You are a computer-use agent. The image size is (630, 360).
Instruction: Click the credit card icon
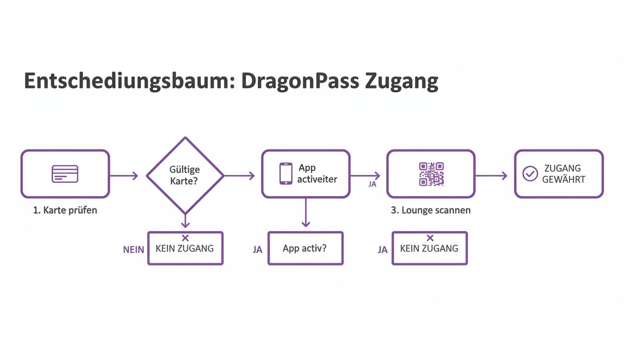coord(65,174)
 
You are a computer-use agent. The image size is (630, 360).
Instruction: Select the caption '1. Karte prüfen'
coord(65,210)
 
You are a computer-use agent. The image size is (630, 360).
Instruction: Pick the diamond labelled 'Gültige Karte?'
coord(185,175)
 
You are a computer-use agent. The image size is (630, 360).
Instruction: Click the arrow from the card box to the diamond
coord(124,176)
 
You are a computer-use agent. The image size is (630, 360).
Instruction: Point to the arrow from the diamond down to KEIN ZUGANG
coord(185,220)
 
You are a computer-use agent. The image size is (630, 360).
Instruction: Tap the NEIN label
coord(134,250)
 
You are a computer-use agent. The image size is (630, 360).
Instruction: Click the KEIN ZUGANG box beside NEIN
coord(185,248)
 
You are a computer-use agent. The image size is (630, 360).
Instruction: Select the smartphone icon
coord(285,174)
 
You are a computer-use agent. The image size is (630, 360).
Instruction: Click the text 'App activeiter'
coord(317,173)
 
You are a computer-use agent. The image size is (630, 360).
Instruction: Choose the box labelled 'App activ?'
coord(305,248)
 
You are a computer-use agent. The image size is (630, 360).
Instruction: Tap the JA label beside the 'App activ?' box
coord(257,250)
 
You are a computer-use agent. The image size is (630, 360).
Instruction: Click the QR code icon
coord(431,174)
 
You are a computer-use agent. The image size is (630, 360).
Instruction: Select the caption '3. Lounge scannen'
coord(430,210)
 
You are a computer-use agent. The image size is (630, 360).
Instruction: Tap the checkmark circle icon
coord(530,174)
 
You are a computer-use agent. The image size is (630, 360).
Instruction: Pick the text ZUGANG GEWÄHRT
coord(563,174)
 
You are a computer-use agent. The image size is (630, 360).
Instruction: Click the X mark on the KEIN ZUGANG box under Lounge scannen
coord(430,238)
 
